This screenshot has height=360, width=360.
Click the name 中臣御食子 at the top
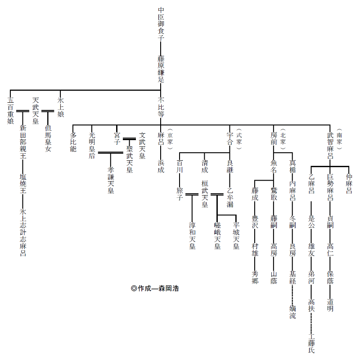pyautogui.click(x=161, y=23)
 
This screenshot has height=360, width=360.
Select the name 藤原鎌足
pyautogui.click(x=161, y=69)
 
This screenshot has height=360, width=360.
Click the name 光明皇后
pyautogui.click(x=92, y=146)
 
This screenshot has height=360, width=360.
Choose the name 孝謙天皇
pyautogui.click(x=111, y=180)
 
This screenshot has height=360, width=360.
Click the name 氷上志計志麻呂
pyautogui.click(x=22, y=232)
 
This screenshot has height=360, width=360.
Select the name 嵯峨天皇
pyautogui.click(x=217, y=236)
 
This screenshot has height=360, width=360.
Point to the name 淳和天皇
pyautogui.click(x=192, y=236)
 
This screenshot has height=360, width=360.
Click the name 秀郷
pyautogui.click(x=255, y=277)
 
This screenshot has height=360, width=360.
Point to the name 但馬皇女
pyautogui.click(x=48, y=139)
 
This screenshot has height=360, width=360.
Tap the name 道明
pyautogui.click(x=330, y=305)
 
